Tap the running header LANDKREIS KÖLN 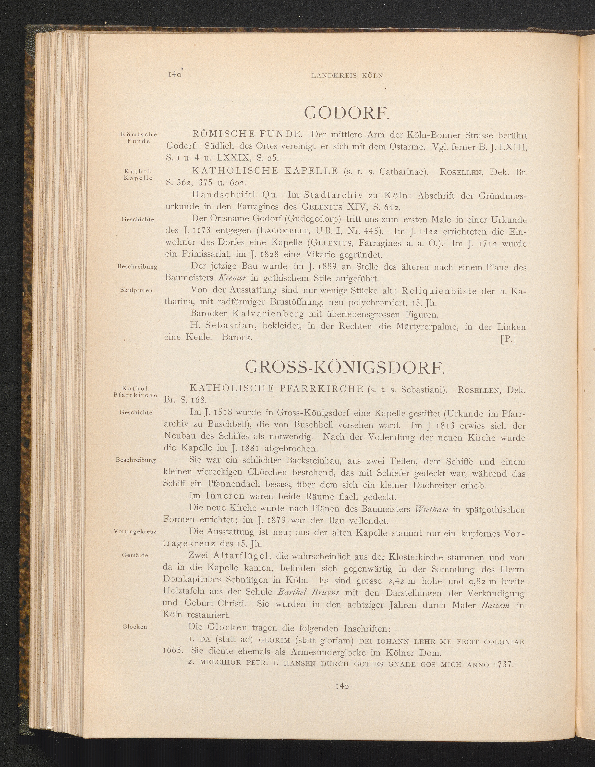347,75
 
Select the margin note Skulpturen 136,290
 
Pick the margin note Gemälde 135,555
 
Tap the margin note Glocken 135,627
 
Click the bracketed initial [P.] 508,339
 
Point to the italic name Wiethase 431,509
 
